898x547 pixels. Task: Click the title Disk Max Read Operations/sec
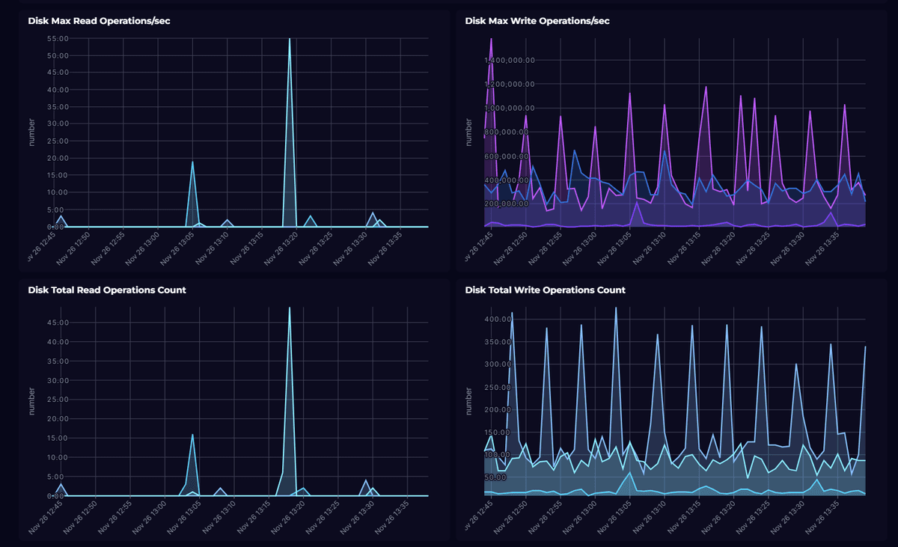click(99, 21)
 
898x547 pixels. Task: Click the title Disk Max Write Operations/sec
click(537, 21)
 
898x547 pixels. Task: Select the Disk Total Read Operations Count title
click(107, 290)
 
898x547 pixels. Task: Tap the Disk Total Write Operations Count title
click(545, 290)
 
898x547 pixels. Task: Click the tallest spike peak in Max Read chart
click(290, 39)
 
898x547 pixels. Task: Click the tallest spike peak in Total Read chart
click(290, 308)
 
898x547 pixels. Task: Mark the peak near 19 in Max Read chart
click(192, 162)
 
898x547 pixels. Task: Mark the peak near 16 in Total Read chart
click(192, 435)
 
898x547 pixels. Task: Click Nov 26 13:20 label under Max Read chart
click(282, 248)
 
